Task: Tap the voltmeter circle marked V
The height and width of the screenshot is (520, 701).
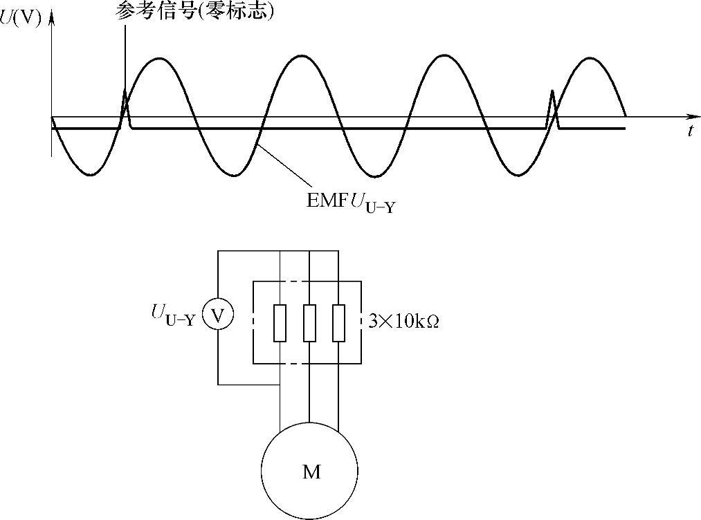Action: click(x=218, y=316)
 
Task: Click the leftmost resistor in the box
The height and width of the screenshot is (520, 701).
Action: click(x=280, y=322)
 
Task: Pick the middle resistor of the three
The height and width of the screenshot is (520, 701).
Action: click(x=309, y=322)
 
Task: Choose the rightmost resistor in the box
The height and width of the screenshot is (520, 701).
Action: click(x=338, y=322)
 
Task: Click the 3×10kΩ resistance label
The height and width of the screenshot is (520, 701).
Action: click(x=404, y=322)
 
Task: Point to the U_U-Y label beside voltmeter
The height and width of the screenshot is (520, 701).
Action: click(x=173, y=316)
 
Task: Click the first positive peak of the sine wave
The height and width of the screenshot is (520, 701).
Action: click(x=159, y=59)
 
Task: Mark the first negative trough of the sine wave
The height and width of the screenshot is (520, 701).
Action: click(x=90, y=175)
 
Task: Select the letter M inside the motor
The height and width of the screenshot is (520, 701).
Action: click(x=311, y=472)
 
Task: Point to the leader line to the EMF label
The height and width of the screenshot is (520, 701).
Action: click(x=280, y=165)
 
